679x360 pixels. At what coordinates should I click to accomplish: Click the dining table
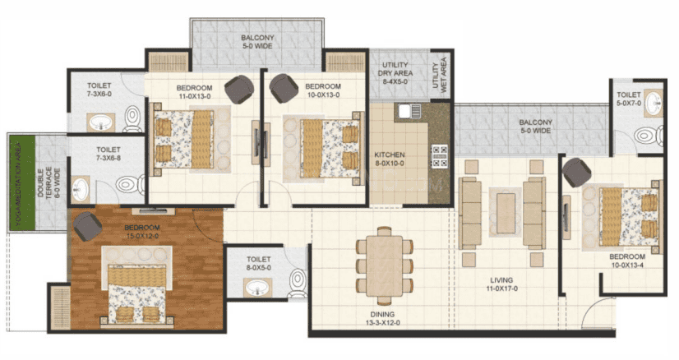(384, 266)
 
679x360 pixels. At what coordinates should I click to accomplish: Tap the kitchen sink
(409, 111)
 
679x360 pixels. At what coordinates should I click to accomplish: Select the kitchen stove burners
(440, 156)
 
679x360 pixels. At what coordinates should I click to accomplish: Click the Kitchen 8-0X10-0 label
(390, 159)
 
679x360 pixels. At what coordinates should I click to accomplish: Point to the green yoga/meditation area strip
(22, 183)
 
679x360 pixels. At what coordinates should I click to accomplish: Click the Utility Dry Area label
(395, 73)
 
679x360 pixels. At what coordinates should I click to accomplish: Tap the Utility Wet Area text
(439, 74)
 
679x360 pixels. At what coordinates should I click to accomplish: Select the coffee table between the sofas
(506, 213)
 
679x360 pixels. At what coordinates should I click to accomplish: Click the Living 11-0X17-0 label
(501, 284)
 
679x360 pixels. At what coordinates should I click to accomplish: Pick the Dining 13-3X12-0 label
(382, 318)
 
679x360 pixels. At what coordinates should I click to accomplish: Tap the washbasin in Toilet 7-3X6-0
(101, 122)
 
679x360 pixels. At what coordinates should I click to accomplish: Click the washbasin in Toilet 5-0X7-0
(653, 104)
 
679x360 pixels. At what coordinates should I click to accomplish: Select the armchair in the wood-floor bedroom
(87, 226)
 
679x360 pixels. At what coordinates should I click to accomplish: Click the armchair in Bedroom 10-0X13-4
(576, 173)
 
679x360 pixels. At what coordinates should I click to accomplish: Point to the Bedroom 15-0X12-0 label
(141, 232)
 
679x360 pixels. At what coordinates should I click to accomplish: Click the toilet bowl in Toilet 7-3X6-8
(131, 184)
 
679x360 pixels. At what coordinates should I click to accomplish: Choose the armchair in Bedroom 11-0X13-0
(239, 90)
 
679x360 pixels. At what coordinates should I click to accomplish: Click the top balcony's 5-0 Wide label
(257, 46)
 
